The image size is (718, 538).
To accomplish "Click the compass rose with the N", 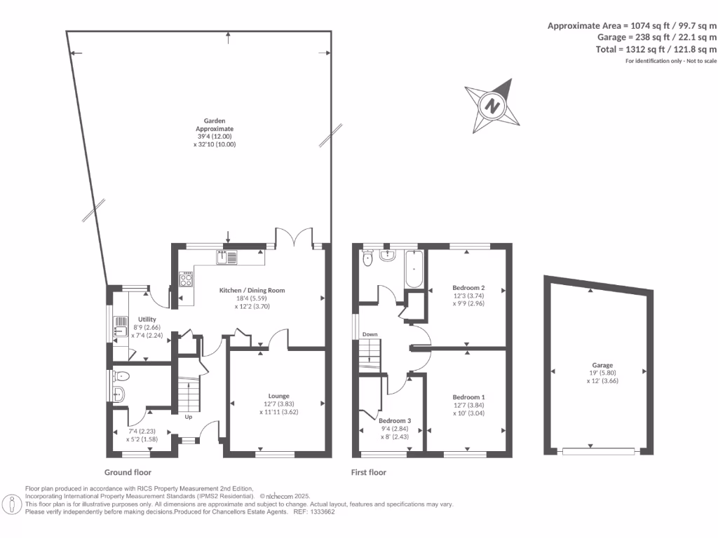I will (x=492, y=106).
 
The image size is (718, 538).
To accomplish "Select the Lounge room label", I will (x=278, y=396).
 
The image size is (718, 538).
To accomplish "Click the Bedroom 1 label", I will (x=468, y=397).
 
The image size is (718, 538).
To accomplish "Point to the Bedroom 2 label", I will (x=468, y=288).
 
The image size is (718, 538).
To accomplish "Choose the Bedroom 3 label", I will (x=390, y=421).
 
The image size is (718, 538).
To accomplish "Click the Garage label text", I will (x=602, y=365).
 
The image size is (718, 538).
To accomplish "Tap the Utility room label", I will (x=147, y=319).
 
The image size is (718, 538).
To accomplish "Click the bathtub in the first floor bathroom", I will (x=412, y=272).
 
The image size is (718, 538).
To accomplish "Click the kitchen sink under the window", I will (x=228, y=257).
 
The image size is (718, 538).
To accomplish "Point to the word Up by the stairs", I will (x=188, y=417).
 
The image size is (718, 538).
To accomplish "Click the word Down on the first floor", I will (x=370, y=335).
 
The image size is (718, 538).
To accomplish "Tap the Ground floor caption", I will (x=128, y=473).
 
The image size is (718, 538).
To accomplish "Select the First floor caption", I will (x=369, y=473).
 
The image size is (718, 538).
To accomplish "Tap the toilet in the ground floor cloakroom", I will (x=121, y=375).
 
